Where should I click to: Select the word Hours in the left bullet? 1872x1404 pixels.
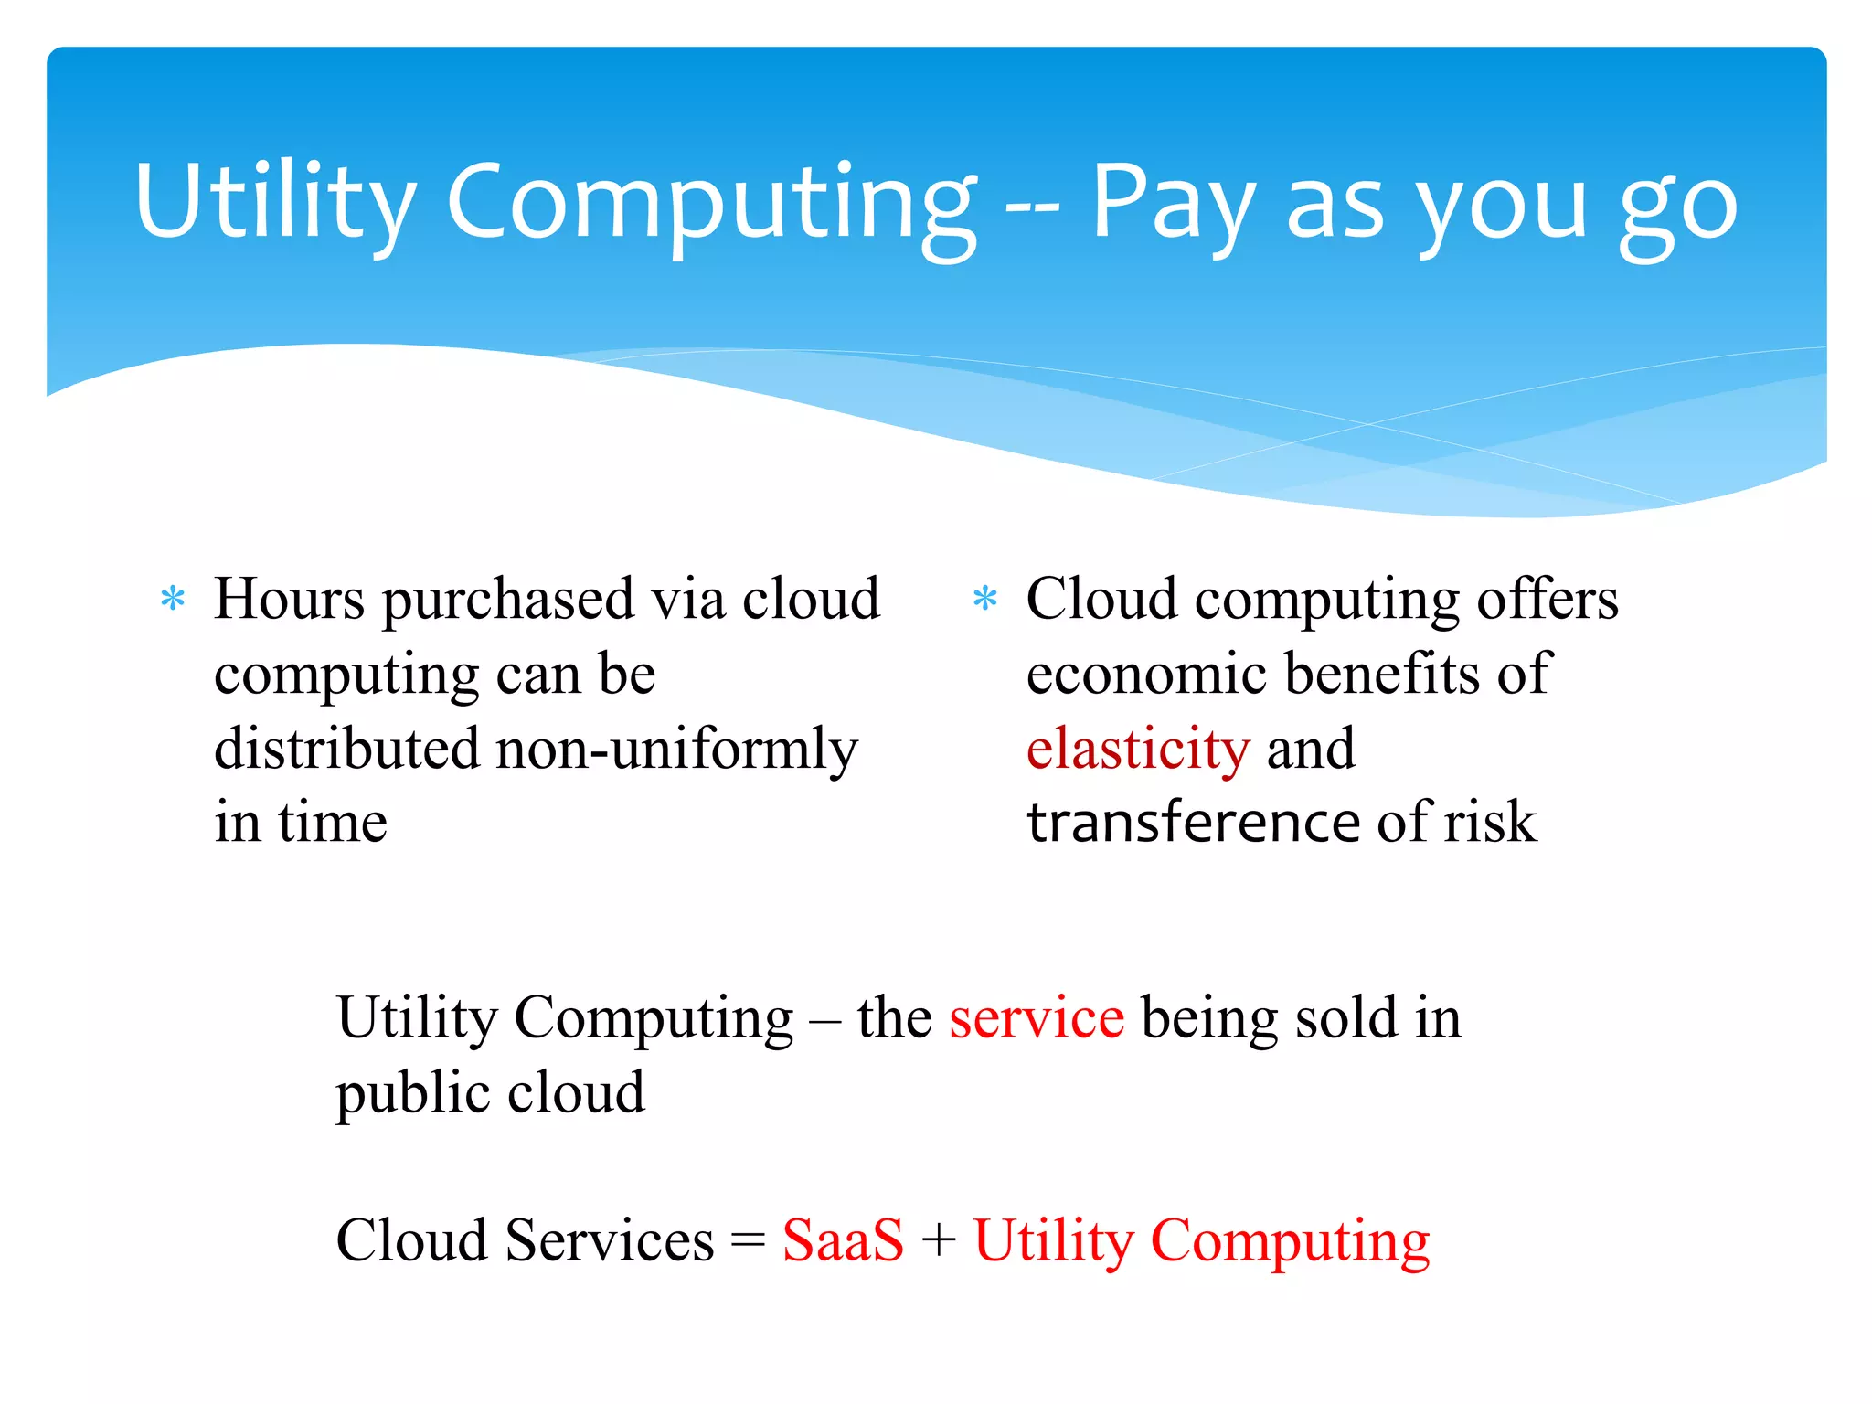point(290,600)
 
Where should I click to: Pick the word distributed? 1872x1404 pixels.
point(346,749)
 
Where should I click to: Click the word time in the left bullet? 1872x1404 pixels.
point(333,822)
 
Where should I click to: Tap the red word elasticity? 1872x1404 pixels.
point(1137,750)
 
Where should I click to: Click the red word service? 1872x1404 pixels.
point(1037,1018)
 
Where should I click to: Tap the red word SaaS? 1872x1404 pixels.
point(843,1241)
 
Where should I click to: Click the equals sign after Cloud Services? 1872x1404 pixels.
point(748,1242)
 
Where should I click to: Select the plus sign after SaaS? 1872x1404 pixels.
point(939,1242)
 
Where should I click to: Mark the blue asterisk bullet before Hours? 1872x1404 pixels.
point(173,600)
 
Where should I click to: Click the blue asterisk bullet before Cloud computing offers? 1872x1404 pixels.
point(984,600)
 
